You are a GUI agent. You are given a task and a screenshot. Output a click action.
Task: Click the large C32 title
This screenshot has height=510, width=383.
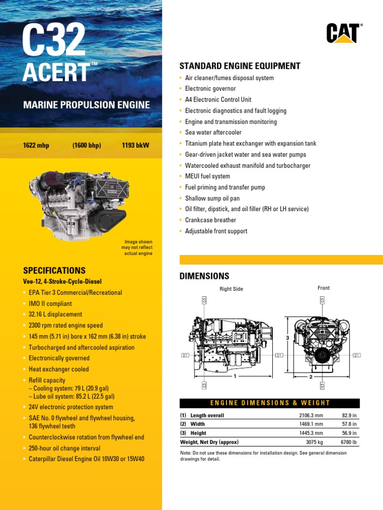click(54, 41)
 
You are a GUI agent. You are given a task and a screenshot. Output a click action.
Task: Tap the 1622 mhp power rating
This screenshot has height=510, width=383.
click(36, 145)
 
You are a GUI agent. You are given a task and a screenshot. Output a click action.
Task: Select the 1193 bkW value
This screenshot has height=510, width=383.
click(135, 145)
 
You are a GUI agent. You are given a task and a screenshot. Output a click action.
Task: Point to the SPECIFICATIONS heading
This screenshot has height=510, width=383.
click(54, 270)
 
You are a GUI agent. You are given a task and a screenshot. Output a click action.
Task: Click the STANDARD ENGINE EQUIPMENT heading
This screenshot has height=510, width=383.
click(239, 66)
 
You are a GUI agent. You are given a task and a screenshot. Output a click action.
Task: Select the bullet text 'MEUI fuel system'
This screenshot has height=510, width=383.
click(207, 176)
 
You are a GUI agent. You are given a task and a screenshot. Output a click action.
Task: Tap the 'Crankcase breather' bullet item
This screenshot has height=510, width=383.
click(210, 220)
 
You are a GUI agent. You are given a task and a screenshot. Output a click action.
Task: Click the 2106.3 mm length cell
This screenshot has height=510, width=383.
click(311, 415)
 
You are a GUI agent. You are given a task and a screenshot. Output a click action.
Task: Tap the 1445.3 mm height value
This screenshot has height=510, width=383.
click(311, 433)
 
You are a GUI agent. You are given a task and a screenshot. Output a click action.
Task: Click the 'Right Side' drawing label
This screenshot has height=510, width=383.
click(231, 289)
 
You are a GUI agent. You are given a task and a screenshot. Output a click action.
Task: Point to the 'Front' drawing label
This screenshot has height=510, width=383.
click(323, 288)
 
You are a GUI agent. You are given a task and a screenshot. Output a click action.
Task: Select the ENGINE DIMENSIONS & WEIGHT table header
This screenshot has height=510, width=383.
click(269, 403)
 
